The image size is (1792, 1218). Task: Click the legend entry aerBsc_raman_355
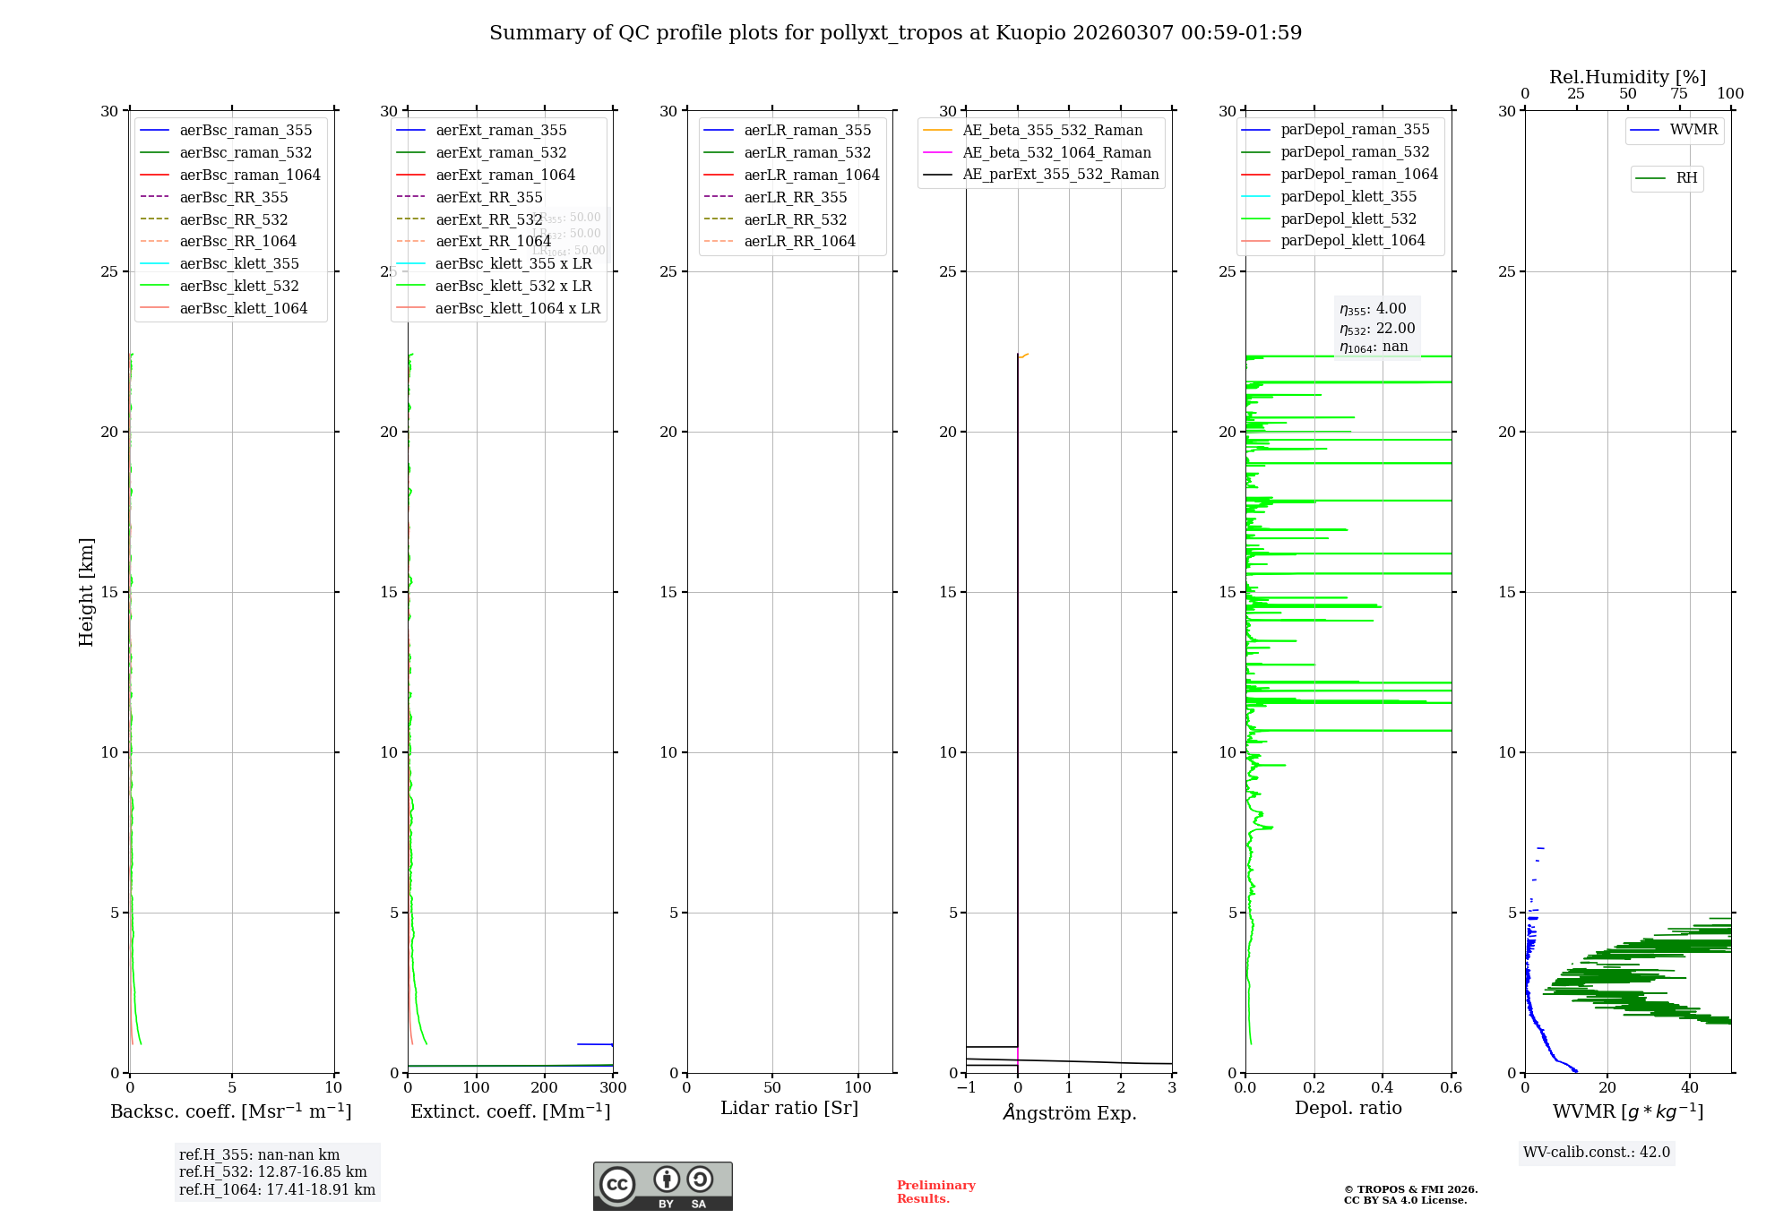click(x=246, y=131)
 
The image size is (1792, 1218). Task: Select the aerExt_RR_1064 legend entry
click(x=493, y=242)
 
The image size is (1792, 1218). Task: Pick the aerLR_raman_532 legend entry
click(x=807, y=153)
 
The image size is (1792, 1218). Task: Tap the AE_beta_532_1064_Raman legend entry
click(x=1056, y=153)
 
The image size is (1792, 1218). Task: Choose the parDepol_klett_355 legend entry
click(x=1348, y=197)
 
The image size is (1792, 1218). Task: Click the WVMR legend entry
click(x=1693, y=130)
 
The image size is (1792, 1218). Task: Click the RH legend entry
click(x=1686, y=178)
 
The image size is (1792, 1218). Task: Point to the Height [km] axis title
click(x=86, y=592)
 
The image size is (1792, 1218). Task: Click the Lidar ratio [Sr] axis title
click(x=789, y=1109)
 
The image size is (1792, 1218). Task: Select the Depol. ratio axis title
click(x=1348, y=1109)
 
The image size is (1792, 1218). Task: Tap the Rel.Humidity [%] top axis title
click(x=1627, y=77)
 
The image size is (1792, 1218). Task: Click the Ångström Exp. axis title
click(x=1070, y=1113)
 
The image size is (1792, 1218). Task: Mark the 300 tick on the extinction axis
click(x=614, y=1088)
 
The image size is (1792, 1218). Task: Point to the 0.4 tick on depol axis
click(x=1383, y=1088)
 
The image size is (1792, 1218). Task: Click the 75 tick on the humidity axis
click(x=1679, y=94)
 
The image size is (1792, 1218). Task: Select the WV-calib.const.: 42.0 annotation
click(x=1597, y=1153)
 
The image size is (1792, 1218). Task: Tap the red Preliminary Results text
click(x=935, y=1192)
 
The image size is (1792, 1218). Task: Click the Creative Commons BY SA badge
click(x=662, y=1187)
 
